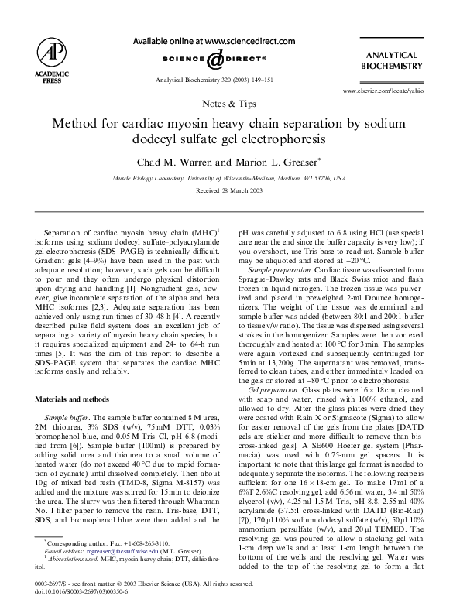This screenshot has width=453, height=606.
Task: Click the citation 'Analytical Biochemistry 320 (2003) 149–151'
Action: (209, 80)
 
